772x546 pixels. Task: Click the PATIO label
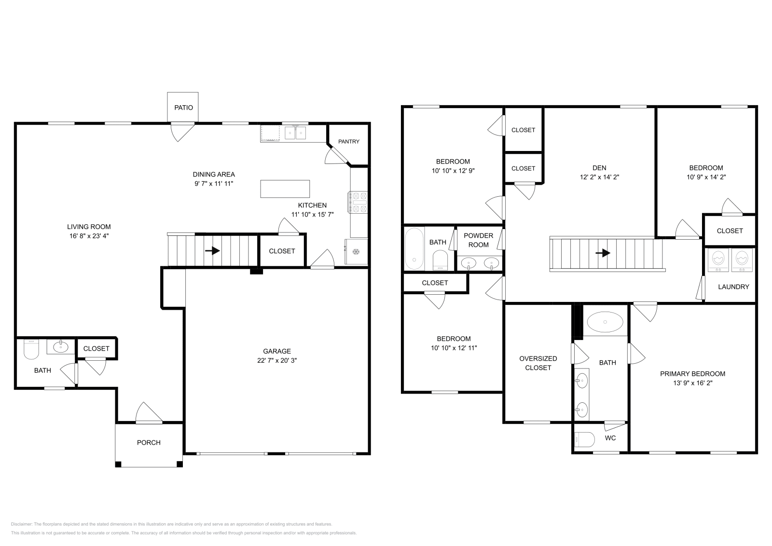pos(183,108)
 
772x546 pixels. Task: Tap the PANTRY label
pos(348,141)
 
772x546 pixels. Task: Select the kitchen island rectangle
pos(285,189)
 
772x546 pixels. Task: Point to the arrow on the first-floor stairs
pos(213,251)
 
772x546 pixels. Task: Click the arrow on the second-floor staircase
pos(603,253)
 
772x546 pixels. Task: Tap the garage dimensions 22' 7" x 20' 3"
pos(276,360)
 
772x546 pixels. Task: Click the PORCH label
pos(149,442)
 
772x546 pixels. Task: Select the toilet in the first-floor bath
pos(31,351)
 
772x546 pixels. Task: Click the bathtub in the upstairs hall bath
pos(413,248)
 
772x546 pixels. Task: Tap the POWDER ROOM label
pos(478,240)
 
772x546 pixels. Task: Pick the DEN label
pos(599,168)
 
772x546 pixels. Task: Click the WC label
pos(610,438)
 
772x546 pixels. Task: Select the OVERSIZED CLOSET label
pos(538,363)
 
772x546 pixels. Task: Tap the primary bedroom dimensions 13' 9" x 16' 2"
pos(692,383)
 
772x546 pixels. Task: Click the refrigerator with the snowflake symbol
pos(356,252)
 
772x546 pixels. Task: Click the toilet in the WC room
pos(584,439)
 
